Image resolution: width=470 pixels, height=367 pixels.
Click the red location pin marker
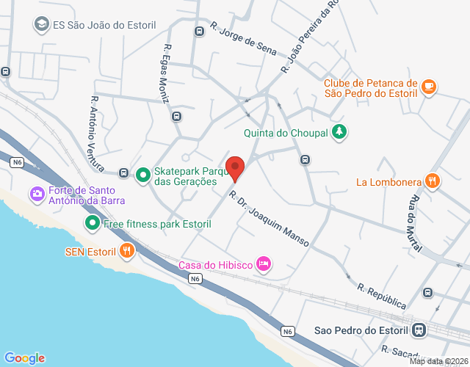pyautogui.click(x=235, y=168)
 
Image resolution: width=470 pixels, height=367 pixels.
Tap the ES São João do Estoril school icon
pyautogui.click(x=40, y=24)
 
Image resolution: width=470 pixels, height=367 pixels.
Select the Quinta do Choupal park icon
pyautogui.click(x=339, y=132)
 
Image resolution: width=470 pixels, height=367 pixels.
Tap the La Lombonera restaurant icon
pyautogui.click(x=433, y=181)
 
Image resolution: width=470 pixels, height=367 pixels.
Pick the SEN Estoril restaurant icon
pyautogui.click(x=127, y=251)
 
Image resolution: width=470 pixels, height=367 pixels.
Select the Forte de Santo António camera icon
pyautogui.click(x=36, y=194)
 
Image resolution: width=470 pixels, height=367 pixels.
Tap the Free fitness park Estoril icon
pyautogui.click(x=93, y=222)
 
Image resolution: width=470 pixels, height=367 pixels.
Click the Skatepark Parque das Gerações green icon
pyautogui.click(x=142, y=173)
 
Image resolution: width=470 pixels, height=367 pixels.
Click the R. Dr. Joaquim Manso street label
pyautogui.click(x=268, y=218)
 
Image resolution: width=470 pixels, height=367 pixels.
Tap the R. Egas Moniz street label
pyautogui.click(x=165, y=73)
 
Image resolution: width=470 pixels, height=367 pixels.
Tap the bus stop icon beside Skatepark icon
pyautogui.click(x=123, y=173)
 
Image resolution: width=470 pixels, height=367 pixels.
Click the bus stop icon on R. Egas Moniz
pyautogui.click(x=176, y=116)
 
